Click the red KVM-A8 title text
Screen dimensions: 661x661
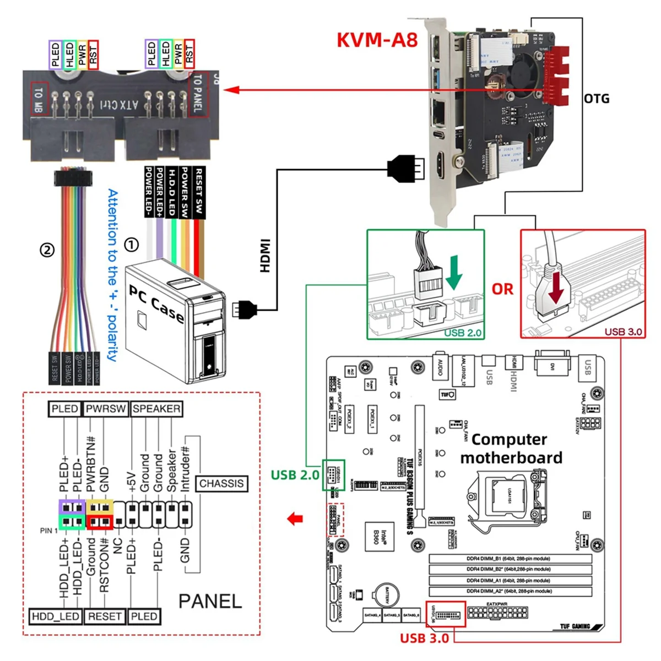377,40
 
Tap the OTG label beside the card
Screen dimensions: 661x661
597,99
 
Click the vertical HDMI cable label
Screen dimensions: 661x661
265,255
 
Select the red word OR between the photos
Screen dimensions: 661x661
502,289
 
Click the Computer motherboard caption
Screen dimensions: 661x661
511,448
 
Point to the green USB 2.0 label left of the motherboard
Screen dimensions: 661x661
295,475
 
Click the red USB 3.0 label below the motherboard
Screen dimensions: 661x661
424,638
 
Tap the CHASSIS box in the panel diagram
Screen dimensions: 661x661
221,484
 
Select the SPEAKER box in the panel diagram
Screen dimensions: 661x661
156,409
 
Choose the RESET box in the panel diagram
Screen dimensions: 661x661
105,616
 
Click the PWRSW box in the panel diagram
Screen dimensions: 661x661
106,409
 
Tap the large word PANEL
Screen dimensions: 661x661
210,601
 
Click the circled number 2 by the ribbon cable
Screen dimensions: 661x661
47,250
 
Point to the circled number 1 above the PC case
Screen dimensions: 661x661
131,245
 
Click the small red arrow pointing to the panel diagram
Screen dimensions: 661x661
296,518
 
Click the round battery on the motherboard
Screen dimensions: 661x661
387,595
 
